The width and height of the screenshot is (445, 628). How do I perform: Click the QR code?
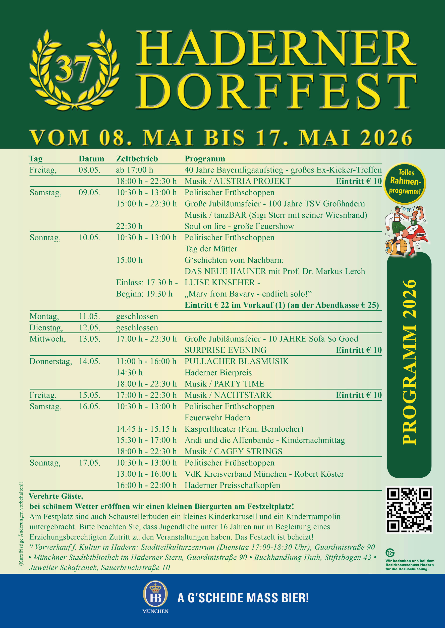pos(409,510)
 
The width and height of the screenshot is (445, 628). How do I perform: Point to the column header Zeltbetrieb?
pos(137,159)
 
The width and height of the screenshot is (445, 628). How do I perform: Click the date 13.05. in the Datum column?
pos(90,339)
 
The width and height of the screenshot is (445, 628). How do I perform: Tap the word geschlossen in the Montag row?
pos(137,316)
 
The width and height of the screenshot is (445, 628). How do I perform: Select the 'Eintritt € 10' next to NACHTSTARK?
pos(359,395)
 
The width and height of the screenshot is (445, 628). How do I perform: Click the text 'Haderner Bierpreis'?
pos(218,372)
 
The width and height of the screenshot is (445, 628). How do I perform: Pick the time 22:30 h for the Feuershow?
pos(129,226)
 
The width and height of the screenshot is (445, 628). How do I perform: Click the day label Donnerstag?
pos(51,361)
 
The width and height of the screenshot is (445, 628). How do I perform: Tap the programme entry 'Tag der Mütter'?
pos(211,248)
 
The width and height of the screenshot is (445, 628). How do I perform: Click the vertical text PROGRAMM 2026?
pos(409,362)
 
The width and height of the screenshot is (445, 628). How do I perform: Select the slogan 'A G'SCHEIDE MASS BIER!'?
pos(243,598)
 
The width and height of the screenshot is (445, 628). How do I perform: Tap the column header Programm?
pos(205,159)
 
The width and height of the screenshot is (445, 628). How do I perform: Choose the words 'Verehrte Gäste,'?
pos(56,496)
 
